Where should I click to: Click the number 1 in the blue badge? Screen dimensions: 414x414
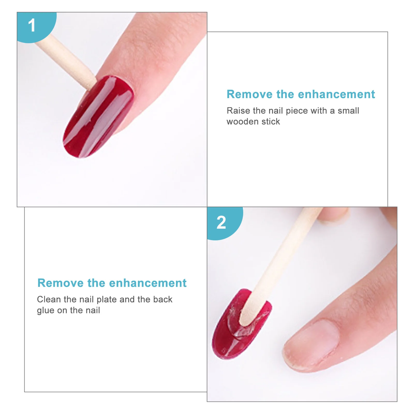click(x=32, y=25)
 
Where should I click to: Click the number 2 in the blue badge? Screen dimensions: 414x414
click(x=221, y=223)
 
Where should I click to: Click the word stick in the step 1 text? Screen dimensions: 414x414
click(x=271, y=122)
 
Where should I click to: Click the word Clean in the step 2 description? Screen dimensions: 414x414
click(x=49, y=299)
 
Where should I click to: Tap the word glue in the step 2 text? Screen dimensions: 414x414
click(x=46, y=310)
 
